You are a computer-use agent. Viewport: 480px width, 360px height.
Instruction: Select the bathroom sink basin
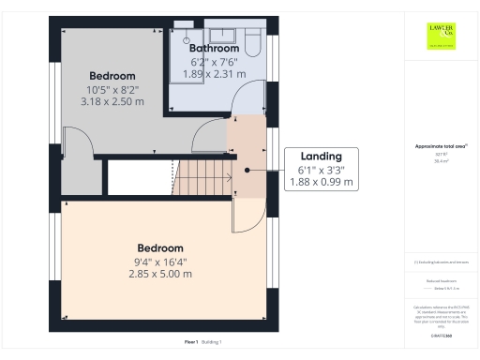coord(222,36)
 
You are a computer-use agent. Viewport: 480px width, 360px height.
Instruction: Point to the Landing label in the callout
coord(321,157)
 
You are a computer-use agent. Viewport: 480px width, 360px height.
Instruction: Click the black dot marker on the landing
coord(247,171)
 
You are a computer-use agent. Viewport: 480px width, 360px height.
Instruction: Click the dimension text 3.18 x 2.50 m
coord(112,101)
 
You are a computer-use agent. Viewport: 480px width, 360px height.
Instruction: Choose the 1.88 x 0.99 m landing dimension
coord(321,183)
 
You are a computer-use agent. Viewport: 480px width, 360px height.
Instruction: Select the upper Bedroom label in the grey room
coord(112,75)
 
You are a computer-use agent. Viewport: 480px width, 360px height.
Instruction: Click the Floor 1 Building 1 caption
coord(202,342)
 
